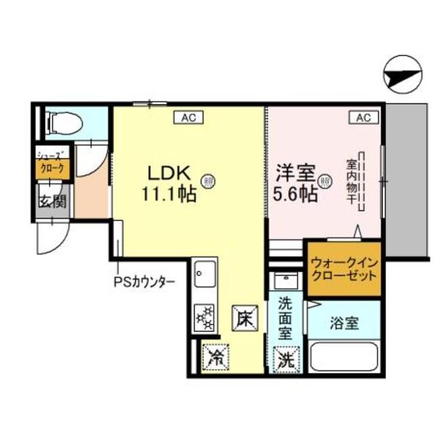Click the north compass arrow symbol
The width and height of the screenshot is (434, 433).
(401, 75)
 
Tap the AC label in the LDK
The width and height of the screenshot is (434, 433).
(189, 118)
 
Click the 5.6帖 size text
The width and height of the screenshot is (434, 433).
(294, 194)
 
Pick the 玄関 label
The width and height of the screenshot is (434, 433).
(52, 201)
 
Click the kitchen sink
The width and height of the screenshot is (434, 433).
(203, 277)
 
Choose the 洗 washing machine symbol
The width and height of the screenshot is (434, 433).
(284, 356)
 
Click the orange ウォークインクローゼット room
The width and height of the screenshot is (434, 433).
(342, 270)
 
